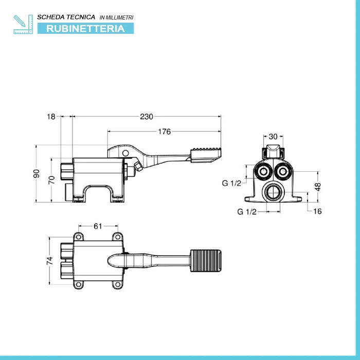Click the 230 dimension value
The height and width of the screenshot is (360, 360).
point(147,117)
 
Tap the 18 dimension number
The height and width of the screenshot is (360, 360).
point(50,117)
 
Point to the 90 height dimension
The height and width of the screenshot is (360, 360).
point(36,174)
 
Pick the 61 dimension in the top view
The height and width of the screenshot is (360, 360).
point(98,225)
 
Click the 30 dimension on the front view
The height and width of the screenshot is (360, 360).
point(273,137)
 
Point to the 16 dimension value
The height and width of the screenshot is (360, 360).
point(317,211)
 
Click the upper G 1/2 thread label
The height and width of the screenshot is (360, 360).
point(231,183)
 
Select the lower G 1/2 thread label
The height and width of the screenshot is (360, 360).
point(247,211)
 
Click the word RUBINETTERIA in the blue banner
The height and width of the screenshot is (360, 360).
point(85,28)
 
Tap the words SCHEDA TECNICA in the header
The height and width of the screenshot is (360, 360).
point(66,17)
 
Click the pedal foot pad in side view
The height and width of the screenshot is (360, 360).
point(207,154)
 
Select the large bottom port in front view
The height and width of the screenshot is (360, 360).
point(273,193)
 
